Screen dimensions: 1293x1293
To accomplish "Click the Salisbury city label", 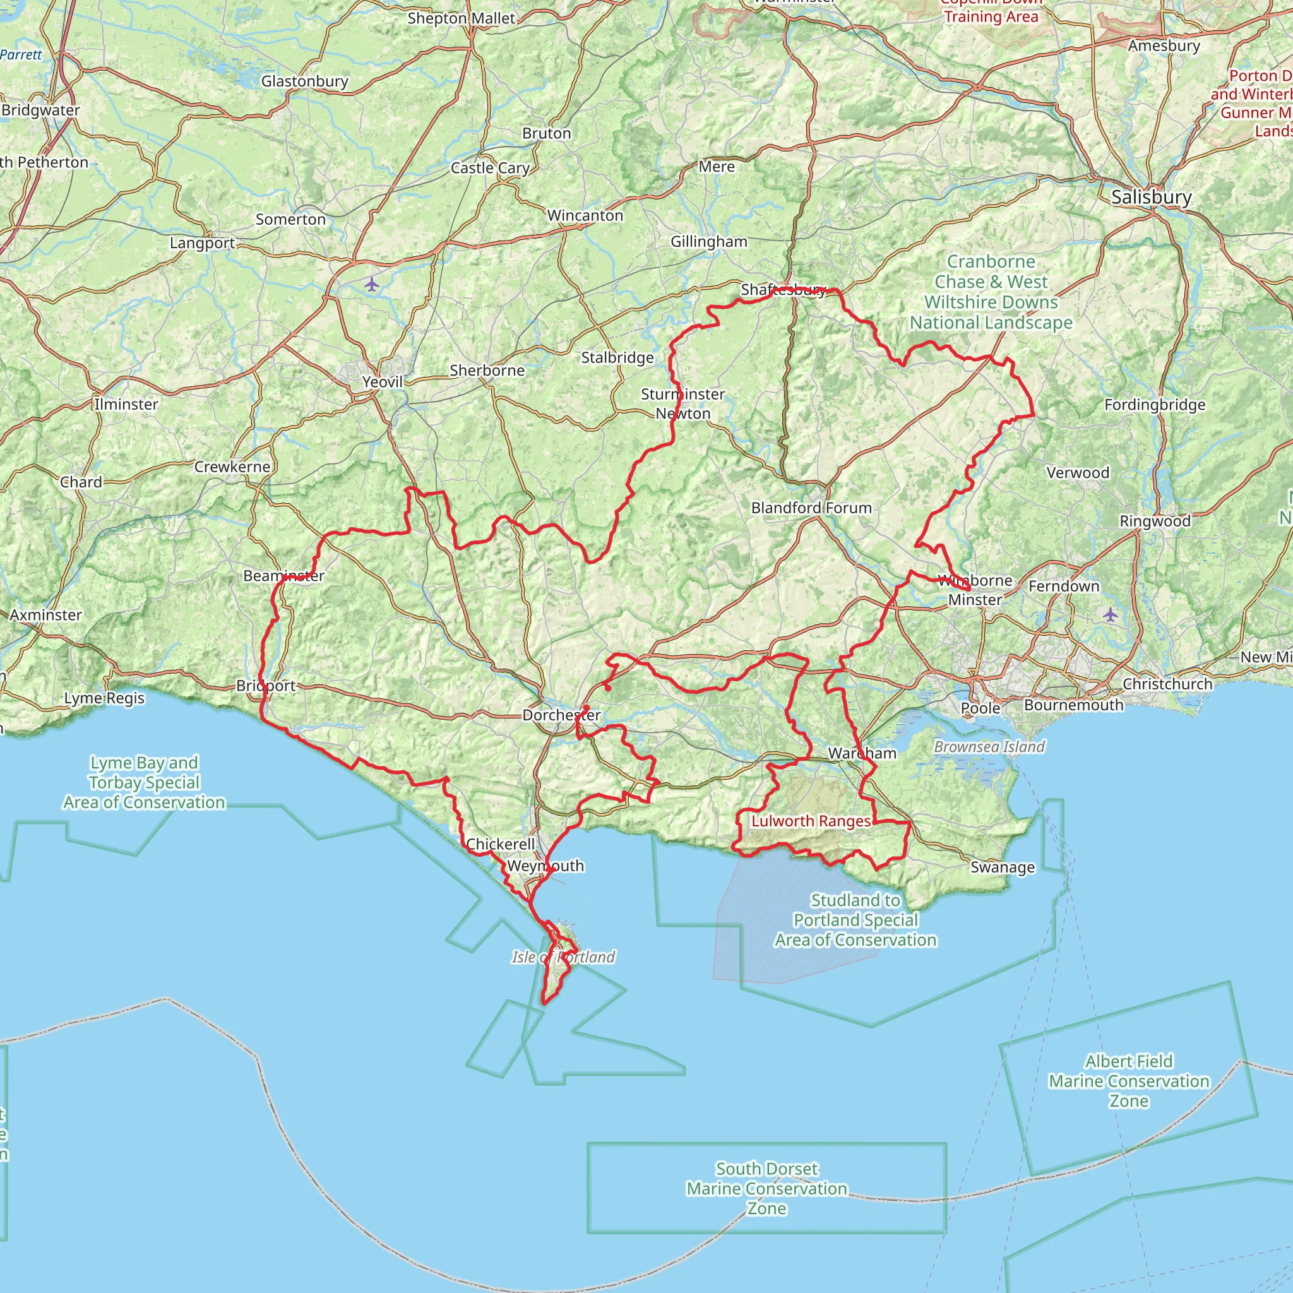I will click(x=1151, y=198).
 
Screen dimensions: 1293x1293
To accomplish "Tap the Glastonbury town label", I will click(x=304, y=81).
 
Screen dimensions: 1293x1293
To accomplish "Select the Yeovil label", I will click(x=382, y=382).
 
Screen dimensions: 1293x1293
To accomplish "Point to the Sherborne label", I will click(x=487, y=371).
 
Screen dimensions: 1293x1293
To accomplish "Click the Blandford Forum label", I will click(x=811, y=508).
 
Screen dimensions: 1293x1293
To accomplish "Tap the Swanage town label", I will click(x=1003, y=867).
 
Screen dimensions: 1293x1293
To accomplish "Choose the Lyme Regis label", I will click(x=104, y=699).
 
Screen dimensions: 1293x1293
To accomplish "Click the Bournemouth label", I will click(x=1073, y=705).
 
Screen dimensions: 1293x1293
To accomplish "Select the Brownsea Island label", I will click(x=989, y=747).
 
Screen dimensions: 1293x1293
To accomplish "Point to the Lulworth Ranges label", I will click(x=811, y=821).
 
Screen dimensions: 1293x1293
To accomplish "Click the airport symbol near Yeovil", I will click(x=372, y=285).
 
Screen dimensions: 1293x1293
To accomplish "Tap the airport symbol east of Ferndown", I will click(x=1111, y=614).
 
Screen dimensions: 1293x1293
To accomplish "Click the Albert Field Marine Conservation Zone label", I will click(x=1129, y=1081).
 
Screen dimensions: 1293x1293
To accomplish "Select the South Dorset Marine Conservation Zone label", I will click(x=767, y=1189).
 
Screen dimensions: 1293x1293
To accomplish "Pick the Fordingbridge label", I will click(x=1155, y=405).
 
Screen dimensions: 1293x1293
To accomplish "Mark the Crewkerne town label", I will click(x=232, y=467).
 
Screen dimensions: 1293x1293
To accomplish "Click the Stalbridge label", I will click(x=617, y=358).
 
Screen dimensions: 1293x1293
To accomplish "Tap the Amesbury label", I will click(x=1164, y=46).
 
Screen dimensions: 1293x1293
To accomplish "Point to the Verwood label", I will click(x=1078, y=473).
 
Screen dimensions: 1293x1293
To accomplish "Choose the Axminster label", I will click(x=45, y=615).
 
